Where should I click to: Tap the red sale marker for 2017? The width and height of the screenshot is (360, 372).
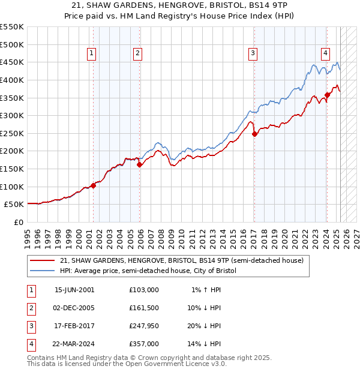(x=254, y=134)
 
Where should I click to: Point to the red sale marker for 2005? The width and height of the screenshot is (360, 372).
(x=139, y=164)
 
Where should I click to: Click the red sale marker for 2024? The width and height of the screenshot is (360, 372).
(x=327, y=94)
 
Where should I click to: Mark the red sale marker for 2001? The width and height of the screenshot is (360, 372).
(x=94, y=185)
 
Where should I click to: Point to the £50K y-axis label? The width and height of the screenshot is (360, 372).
(x=14, y=205)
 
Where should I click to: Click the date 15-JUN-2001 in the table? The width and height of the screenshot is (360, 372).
(x=74, y=290)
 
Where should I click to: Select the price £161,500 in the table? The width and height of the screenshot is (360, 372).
(x=144, y=308)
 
